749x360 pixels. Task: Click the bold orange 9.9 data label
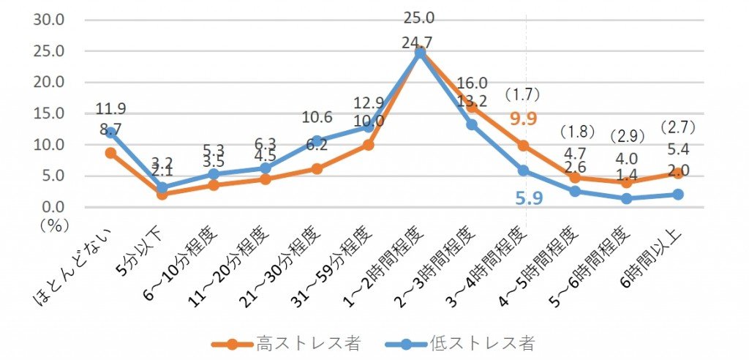click(x=524, y=118)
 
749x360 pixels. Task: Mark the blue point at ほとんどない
click(x=110, y=132)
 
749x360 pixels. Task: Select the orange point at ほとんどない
click(x=110, y=153)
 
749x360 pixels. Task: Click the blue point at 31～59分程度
click(x=368, y=127)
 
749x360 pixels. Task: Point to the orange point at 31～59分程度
click(x=368, y=145)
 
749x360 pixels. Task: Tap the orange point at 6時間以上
click(x=678, y=173)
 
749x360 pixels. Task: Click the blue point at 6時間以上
click(x=678, y=195)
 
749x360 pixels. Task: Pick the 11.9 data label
click(x=110, y=109)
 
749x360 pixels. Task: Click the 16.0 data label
click(x=472, y=83)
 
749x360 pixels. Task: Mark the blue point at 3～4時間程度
click(x=524, y=170)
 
